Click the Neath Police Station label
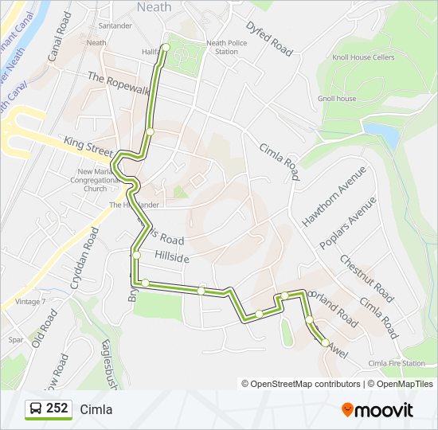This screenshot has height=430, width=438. [222, 47]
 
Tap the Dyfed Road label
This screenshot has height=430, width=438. [269, 37]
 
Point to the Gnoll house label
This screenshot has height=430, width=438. [337, 99]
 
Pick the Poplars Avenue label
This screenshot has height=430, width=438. [346, 224]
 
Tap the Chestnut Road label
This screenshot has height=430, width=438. [366, 277]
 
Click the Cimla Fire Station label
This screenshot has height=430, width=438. [397, 363]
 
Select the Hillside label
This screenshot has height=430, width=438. [172, 259]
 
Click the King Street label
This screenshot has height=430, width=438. [89, 147]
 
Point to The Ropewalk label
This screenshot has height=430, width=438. [119, 84]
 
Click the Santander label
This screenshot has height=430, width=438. [115, 25]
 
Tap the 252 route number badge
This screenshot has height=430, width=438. [49, 408]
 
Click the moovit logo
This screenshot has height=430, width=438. [377, 409]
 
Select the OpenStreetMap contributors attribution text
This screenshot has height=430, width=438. [301, 384]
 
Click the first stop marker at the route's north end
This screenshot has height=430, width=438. [166, 48]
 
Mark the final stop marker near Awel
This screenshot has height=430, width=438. [325, 342]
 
